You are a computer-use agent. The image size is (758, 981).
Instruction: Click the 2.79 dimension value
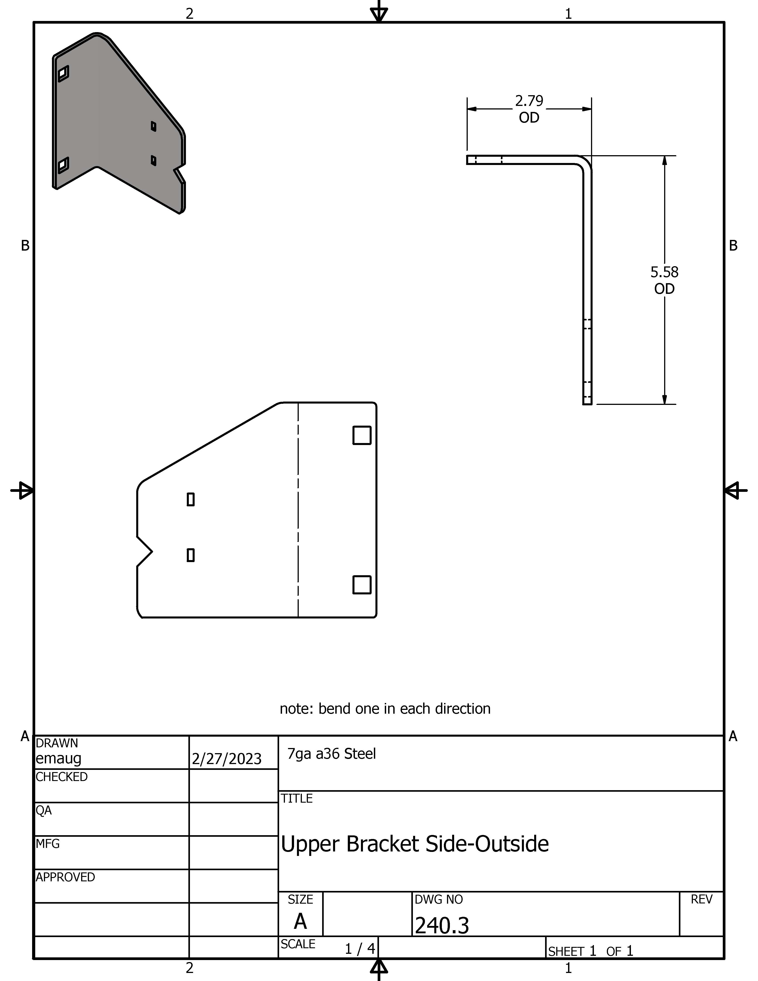(x=529, y=101)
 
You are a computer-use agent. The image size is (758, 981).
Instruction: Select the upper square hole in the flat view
(x=362, y=435)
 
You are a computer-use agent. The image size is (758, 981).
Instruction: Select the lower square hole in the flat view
(x=362, y=585)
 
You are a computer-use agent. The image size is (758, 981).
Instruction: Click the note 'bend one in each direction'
(x=385, y=708)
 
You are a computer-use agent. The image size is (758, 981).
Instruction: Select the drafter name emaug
(x=58, y=758)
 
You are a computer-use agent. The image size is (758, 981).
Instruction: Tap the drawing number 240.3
(x=442, y=925)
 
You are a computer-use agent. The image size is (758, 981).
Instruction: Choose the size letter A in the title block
(x=301, y=922)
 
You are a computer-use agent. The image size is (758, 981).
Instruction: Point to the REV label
(x=701, y=899)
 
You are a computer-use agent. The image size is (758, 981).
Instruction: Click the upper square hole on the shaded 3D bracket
(x=63, y=73)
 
